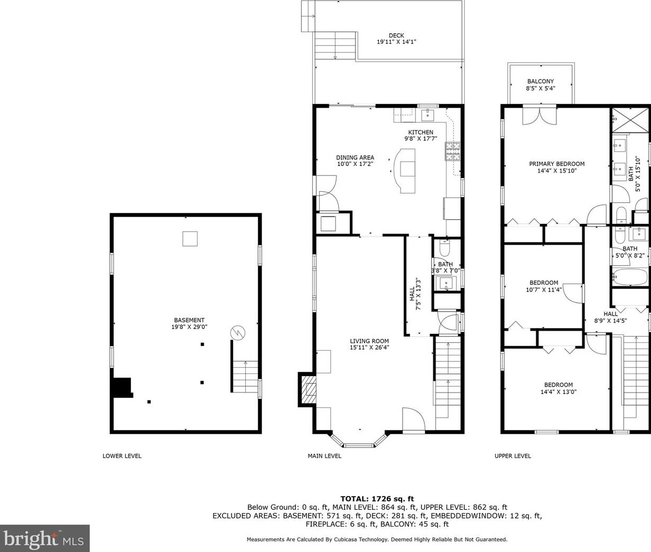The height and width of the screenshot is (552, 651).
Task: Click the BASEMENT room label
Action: (189, 320)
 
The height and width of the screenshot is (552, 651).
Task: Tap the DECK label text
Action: (396, 35)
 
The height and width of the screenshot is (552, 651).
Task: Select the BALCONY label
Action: (541, 81)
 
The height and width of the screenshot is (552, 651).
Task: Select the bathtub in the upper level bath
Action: (630, 277)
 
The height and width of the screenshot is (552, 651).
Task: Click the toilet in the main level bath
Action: (444, 248)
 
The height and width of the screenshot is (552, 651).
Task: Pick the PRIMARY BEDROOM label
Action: (556, 164)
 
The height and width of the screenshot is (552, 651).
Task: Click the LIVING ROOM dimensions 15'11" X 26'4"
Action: (369, 348)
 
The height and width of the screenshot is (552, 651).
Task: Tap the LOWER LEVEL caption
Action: (122, 456)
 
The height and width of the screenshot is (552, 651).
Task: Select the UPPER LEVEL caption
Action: (513, 456)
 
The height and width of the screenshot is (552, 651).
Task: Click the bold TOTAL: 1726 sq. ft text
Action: (377, 499)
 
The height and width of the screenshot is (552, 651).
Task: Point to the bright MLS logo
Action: (44, 538)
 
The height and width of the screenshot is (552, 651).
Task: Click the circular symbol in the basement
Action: (238, 333)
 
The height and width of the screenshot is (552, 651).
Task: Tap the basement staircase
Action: (245, 377)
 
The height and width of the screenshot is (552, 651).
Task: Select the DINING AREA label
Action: (355, 157)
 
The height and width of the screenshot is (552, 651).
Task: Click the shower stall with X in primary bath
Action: (629, 120)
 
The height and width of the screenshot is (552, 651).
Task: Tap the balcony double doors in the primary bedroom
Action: (540, 116)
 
